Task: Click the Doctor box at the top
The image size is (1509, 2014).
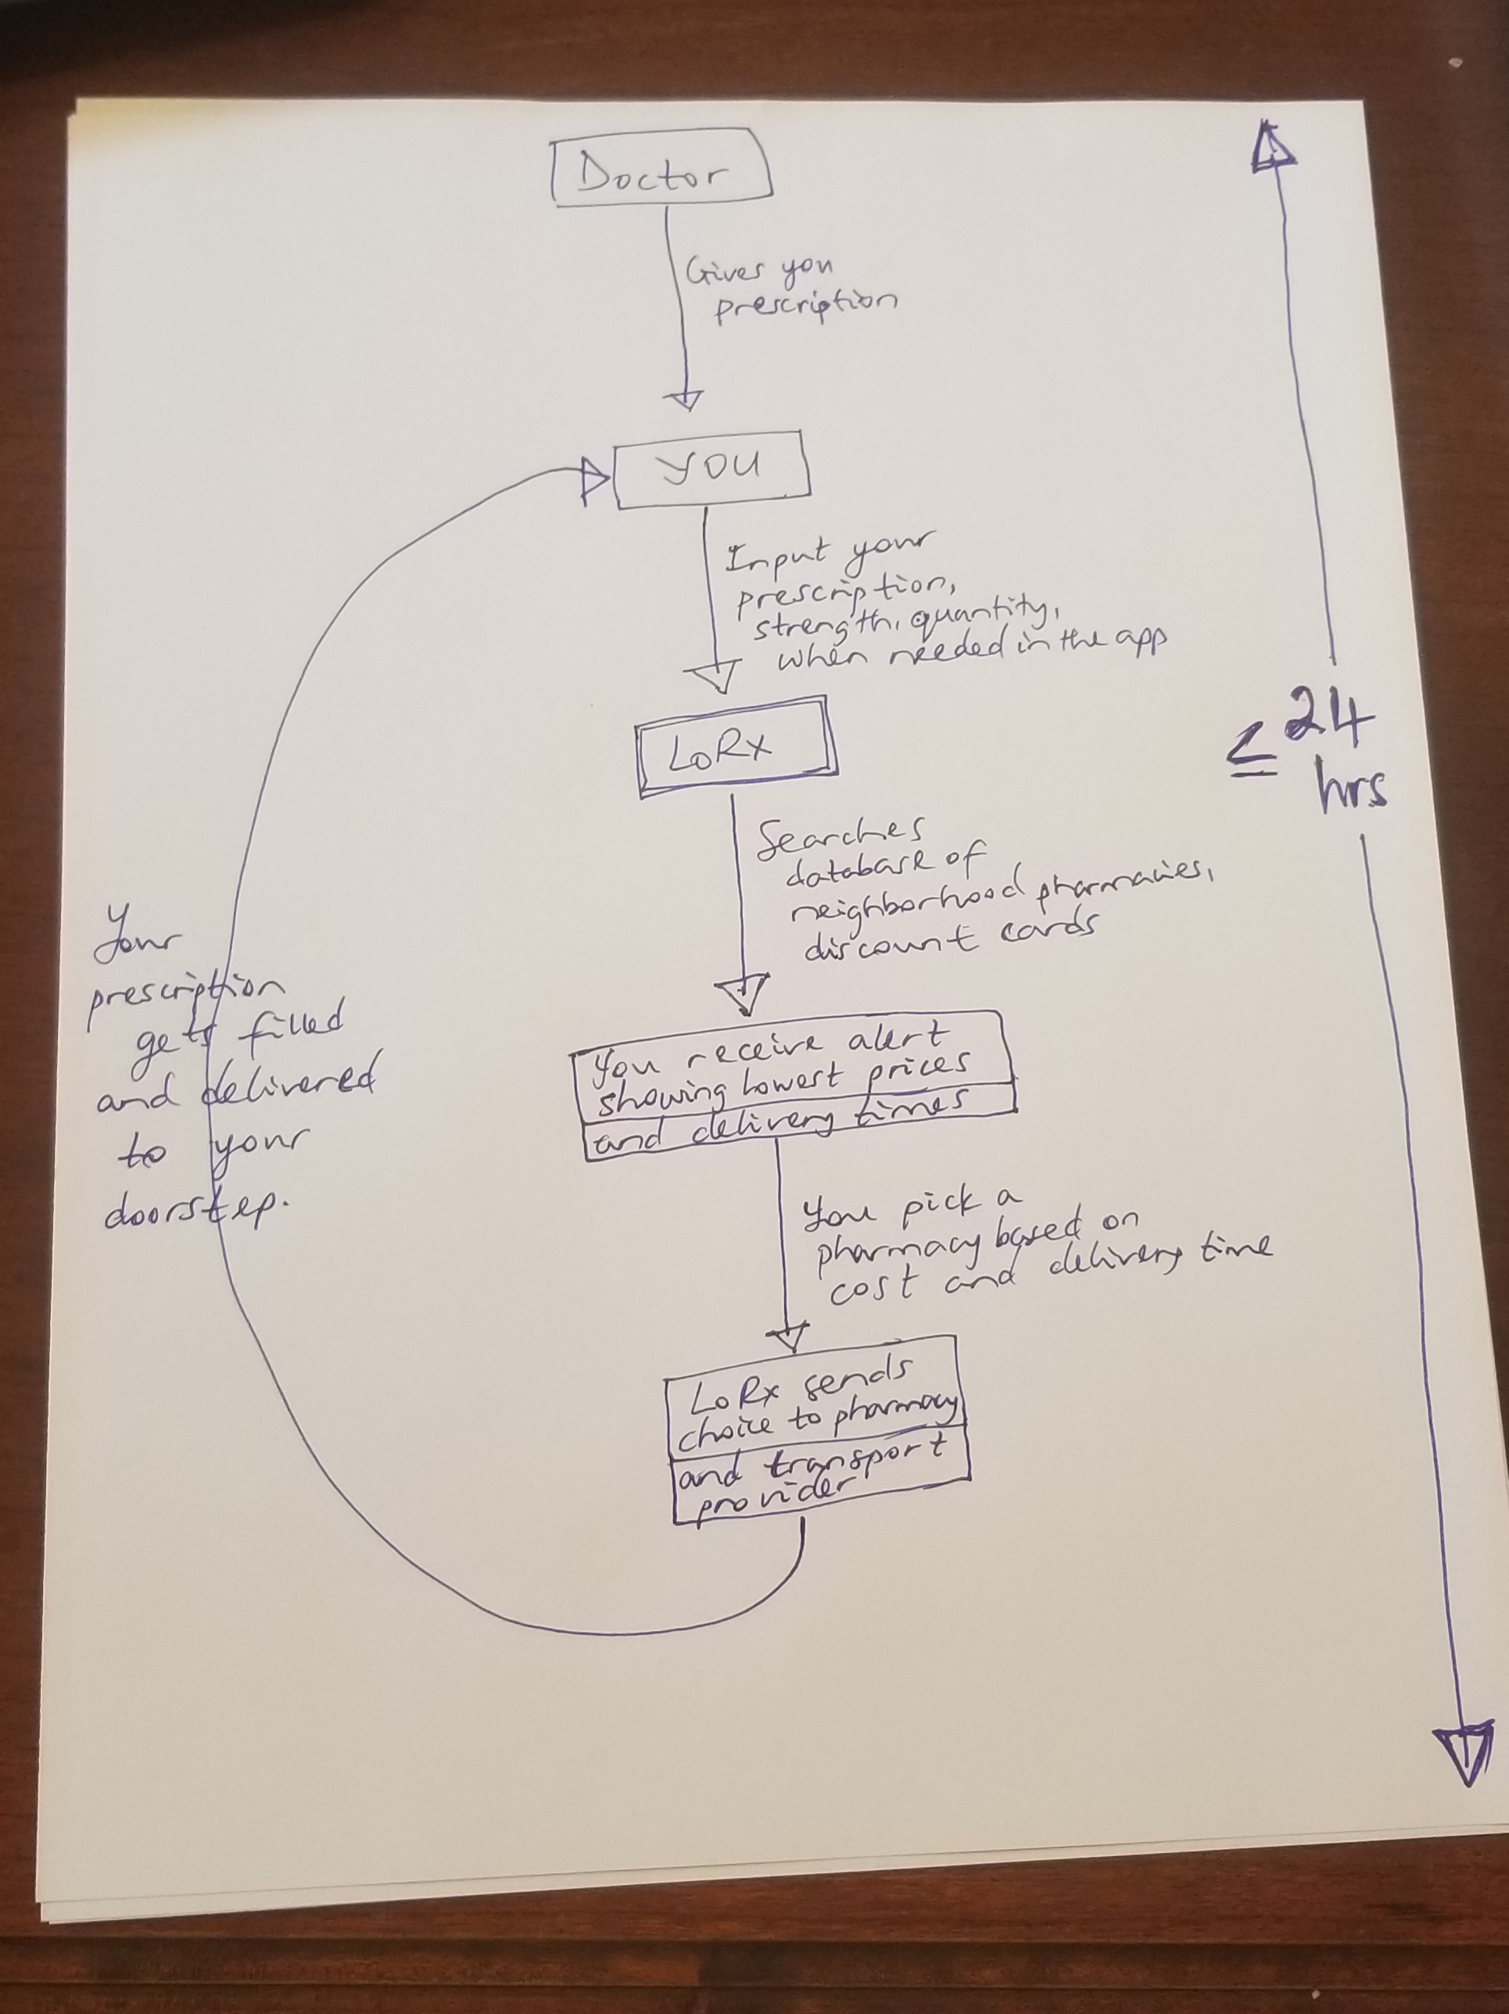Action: coord(662,171)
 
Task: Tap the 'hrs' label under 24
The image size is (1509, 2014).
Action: coord(1353,789)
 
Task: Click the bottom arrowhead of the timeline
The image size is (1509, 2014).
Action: coord(1469,1753)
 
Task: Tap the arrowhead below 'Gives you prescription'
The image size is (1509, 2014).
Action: coord(685,399)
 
